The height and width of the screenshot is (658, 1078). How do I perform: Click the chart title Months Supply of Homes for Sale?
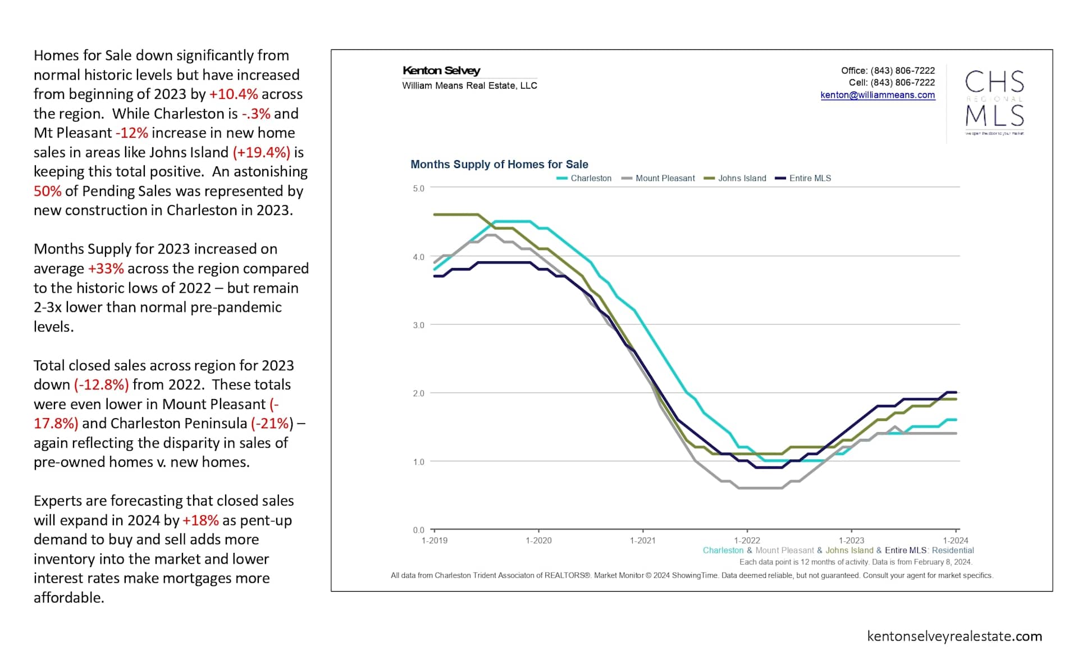point(499,164)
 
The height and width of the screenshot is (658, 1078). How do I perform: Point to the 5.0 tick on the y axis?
point(418,188)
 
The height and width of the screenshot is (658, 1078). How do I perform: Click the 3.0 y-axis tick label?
point(418,325)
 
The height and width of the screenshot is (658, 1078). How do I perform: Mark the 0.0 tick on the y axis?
point(418,530)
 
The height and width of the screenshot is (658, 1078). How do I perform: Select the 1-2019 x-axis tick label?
point(435,541)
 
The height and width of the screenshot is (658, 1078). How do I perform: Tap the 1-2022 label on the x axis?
point(747,541)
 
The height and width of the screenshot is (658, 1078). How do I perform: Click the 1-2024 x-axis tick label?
point(955,541)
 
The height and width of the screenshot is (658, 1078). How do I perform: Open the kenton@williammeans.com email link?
point(878,95)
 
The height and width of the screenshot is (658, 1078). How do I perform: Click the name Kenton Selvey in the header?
point(441,71)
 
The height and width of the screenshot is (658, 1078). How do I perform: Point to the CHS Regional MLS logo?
point(994,101)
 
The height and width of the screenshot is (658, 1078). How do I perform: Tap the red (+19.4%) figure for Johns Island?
point(262,152)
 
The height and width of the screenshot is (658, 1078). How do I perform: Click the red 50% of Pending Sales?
point(47,191)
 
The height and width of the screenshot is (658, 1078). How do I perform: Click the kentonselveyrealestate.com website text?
point(954,636)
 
